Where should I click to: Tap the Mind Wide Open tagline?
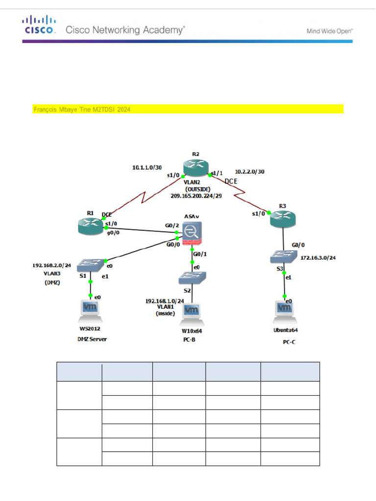pos(329,30)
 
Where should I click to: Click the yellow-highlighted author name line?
pos(82,110)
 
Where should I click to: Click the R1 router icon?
pos(91,226)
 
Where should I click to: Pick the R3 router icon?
pos(283,220)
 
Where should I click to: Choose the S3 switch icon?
pos(283,256)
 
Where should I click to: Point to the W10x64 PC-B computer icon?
pos(191,314)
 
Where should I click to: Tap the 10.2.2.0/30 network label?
pos(250,172)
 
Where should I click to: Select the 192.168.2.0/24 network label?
pos(52,265)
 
